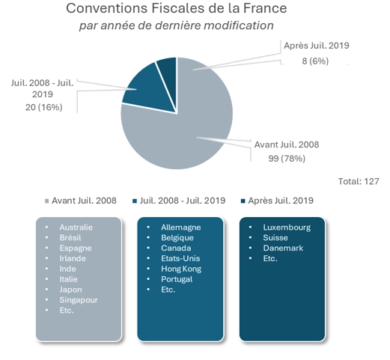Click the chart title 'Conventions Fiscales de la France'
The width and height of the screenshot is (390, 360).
[x=176, y=9]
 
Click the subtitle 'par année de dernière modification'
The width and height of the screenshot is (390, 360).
[x=176, y=25]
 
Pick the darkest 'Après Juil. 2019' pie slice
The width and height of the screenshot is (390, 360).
[x=167, y=67]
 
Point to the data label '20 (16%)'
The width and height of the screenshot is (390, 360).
[x=43, y=107]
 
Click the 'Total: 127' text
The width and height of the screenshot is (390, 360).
[x=360, y=180]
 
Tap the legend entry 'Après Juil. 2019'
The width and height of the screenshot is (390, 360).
[x=281, y=201]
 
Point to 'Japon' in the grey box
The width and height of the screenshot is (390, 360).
[x=72, y=289]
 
